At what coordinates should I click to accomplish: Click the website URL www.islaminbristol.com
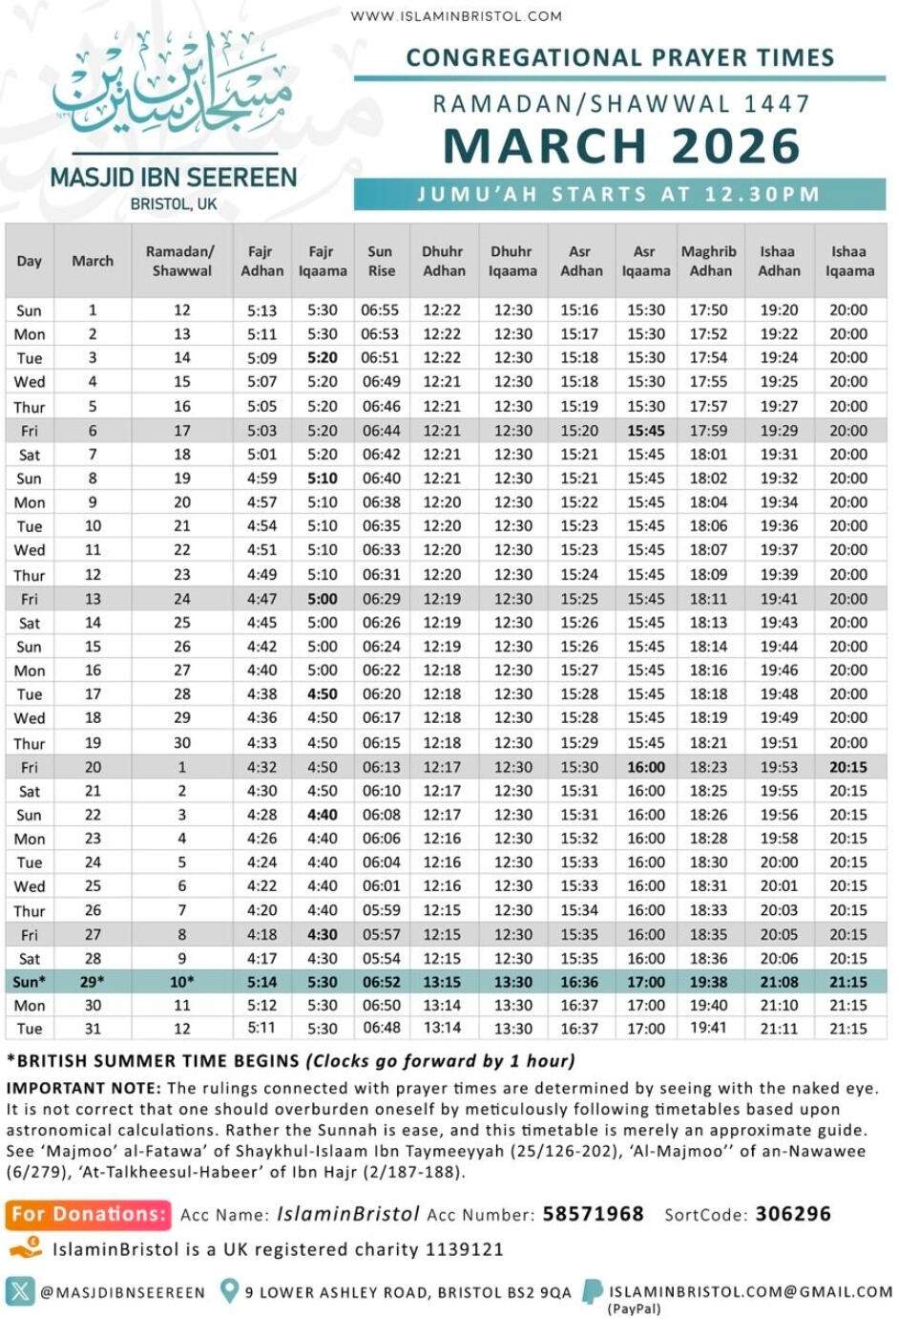coord(456,15)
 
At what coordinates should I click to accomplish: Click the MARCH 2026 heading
coord(621,146)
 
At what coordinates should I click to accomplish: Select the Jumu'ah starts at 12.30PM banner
coord(619,195)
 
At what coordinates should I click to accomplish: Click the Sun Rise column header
coord(381,261)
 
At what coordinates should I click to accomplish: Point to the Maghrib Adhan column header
coord(709,261)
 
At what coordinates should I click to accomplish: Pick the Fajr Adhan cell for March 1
coord(261,310)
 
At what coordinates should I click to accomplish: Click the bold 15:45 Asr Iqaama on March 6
coord(646,431)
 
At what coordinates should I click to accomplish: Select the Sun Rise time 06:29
coord(381,599)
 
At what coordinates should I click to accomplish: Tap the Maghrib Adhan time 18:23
coord(709,767)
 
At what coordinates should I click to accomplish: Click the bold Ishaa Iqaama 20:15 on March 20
coord(848,767)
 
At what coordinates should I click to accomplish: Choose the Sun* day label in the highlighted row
coord(29,982)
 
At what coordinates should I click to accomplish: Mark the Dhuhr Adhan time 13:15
coord(442,982)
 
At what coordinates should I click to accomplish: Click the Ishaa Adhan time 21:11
coord(779,1029)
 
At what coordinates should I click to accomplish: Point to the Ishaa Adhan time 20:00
coord(779,862)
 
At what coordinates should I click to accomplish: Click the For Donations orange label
coord(89,1214)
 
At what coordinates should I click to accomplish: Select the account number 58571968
coord(593,1214)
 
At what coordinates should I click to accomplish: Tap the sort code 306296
coord(793,1214)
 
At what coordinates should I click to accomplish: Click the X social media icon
coord(19,1291)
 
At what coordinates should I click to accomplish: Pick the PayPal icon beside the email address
coord(593,1292)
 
